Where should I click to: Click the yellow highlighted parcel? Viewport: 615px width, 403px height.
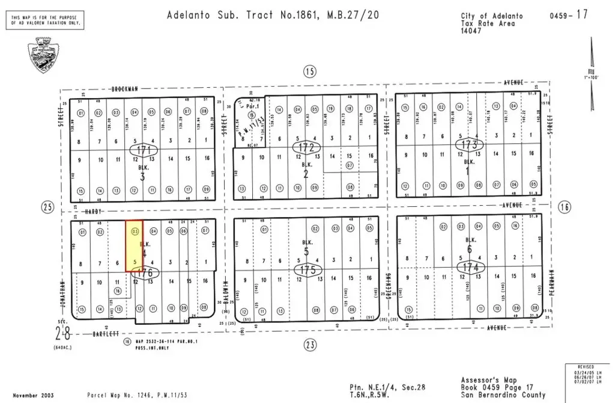[x=134, y=247]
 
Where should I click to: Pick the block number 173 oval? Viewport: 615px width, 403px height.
[x=468, y=145]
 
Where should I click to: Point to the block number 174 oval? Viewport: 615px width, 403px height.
[x=468, y=266]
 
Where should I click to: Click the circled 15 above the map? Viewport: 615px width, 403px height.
[x=309, y=72]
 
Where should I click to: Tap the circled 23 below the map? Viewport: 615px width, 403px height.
[x=309, y=345]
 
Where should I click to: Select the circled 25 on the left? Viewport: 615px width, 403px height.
[x=47, y=208]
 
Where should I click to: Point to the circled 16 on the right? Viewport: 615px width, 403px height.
[x=563, y=207]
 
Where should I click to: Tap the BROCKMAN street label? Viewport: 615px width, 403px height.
[x=125, y=88]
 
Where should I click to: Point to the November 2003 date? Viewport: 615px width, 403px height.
[x=33, y=395]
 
